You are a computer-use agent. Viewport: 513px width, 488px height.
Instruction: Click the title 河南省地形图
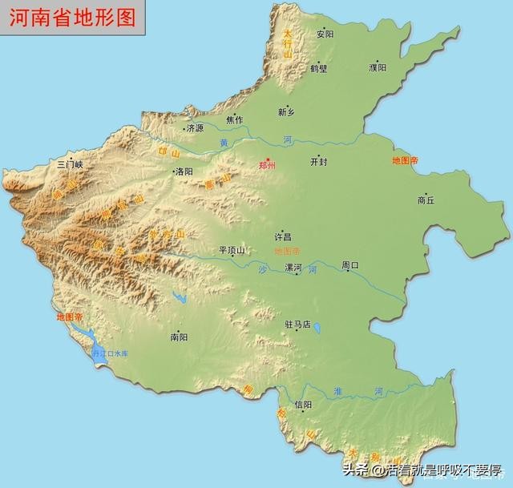tap(72, 18)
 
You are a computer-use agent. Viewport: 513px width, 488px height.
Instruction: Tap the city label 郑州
tap(267, 166)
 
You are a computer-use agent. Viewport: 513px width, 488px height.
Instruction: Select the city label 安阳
tap(325, 34)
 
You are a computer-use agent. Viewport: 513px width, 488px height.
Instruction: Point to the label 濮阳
tap(378, 68)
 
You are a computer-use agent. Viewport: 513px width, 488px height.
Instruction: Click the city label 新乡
tap(287, 112)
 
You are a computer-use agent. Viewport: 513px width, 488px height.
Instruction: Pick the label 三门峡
tap(70, 164)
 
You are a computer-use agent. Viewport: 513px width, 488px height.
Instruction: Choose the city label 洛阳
tap(184, 171)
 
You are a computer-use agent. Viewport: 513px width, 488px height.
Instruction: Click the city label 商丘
tap(426, 200)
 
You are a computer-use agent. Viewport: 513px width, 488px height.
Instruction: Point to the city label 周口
tap(350, 264)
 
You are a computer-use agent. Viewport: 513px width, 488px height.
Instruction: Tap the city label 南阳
tap(179, 337)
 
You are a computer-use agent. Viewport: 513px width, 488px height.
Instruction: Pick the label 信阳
tap(304, 405)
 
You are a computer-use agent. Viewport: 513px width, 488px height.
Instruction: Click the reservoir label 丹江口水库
tap(110, 353)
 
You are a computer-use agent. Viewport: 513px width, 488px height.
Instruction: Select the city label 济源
tap(194, 127)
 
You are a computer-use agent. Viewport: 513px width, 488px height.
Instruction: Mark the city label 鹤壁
tap(318, 69)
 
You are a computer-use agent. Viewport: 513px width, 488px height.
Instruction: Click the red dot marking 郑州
tap(269, 158)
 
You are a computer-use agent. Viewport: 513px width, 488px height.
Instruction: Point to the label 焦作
tap(234, 120)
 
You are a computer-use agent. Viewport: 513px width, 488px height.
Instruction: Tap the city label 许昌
tap(283, 237)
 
